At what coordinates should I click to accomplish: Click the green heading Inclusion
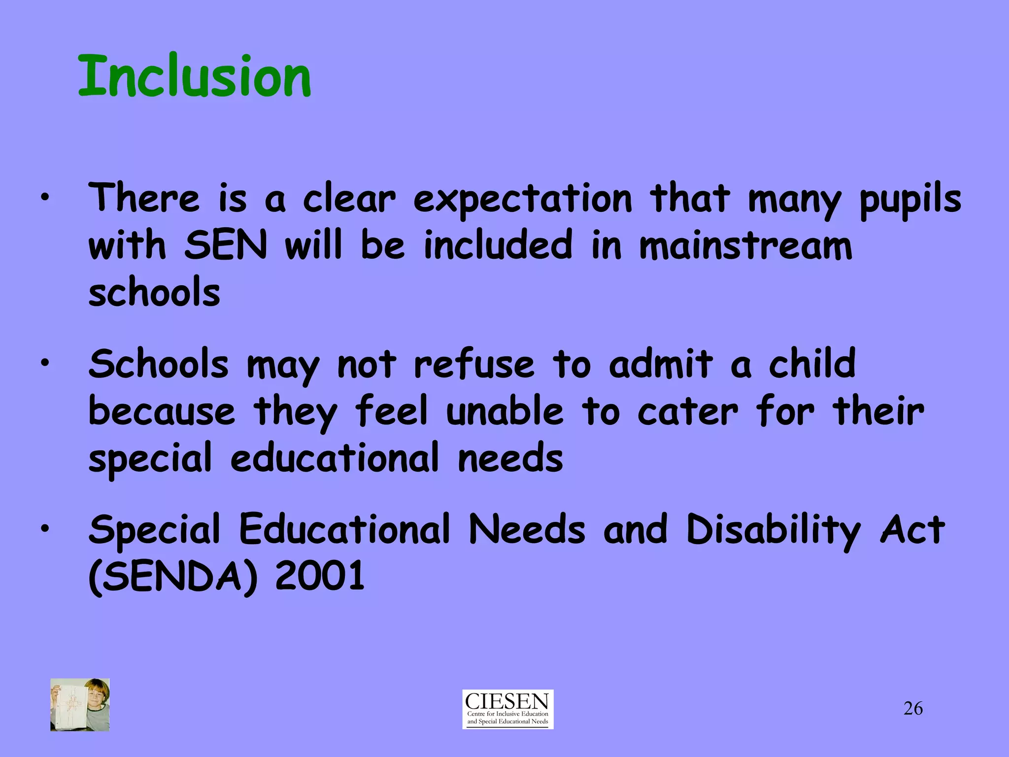pos(195,76)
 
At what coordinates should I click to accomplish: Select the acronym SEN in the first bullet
pos(226,245)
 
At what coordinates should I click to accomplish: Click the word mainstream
pos(745,245)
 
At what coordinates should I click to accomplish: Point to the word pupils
pos(910,200)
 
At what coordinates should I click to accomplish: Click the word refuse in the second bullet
pos(474,365)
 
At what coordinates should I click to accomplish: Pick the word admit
pos(661,365)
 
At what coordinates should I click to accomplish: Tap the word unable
pos(504,412)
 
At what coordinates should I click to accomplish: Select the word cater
pos(688,412)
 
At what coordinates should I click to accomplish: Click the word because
pos(162,412)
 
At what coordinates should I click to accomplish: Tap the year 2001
pos(320,576)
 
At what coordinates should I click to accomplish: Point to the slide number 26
pos(913,709)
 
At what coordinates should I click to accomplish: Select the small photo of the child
pos(80,704)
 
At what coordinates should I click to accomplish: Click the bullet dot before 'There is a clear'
pos(45,198)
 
